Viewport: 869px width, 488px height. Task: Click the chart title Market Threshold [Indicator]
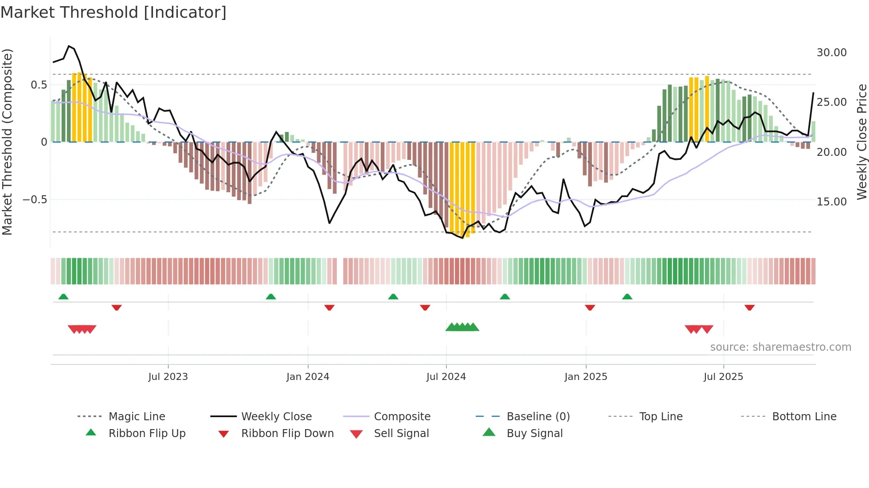114,12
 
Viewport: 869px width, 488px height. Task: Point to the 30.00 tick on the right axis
831,53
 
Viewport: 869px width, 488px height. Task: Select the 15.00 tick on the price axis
831,202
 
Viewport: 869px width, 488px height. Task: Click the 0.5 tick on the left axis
39,85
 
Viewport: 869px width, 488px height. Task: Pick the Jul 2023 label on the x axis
168,377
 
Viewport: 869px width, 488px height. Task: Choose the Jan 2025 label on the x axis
586,377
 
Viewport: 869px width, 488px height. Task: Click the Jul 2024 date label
446,377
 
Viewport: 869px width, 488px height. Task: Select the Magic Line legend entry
137,417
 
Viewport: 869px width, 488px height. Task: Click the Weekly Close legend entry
276,417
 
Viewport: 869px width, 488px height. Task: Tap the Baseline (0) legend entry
538,417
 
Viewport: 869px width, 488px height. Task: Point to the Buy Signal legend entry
534,434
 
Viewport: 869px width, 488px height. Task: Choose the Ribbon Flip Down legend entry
287,434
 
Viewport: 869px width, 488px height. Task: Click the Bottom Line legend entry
804,417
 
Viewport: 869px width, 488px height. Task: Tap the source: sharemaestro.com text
780,347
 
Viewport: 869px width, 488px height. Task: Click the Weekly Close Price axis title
861,142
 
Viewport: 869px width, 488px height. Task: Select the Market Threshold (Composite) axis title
8,142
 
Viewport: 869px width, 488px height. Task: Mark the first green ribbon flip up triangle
63,297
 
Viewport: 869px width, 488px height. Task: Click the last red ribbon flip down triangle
749,307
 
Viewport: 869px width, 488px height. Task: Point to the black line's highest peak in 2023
69,46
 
